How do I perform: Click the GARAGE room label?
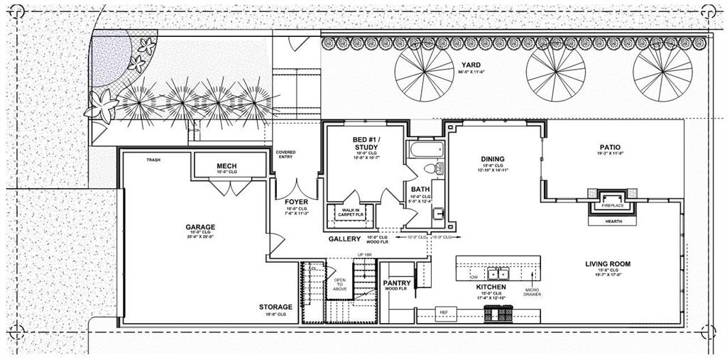pos(199,227)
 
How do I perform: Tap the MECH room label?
pos(226,166)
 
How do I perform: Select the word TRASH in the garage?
pos(153,160)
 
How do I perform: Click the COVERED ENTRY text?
pos(286,155)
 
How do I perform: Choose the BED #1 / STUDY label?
pos(366,142)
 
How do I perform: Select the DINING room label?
pos(491,159)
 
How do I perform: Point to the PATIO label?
pos(610,147)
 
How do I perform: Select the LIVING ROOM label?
pos(607,263)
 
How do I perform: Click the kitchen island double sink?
pos(499,273)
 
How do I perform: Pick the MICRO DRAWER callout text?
pos(532,291)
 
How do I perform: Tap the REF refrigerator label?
pos(444,312)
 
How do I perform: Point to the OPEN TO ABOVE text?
pos(340,284)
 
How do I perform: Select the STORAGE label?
pos(275,307)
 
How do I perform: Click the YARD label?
pos(471,65)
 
